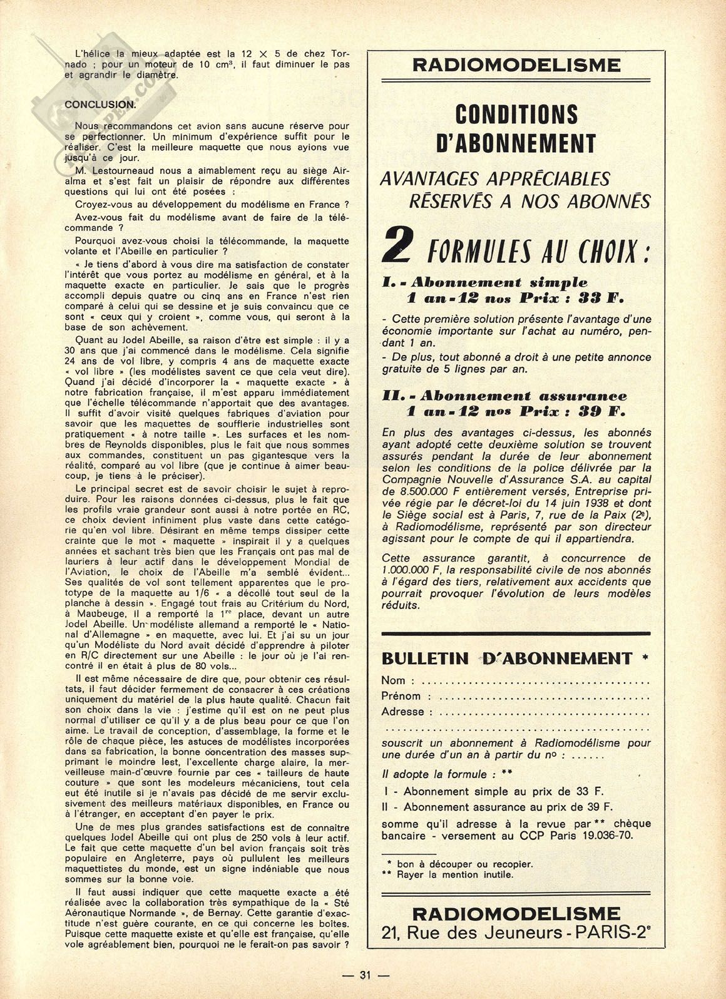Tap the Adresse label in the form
tap(402, 712)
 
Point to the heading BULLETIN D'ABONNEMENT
tap(507, 658)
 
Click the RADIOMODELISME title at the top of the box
tap(516, 65)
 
